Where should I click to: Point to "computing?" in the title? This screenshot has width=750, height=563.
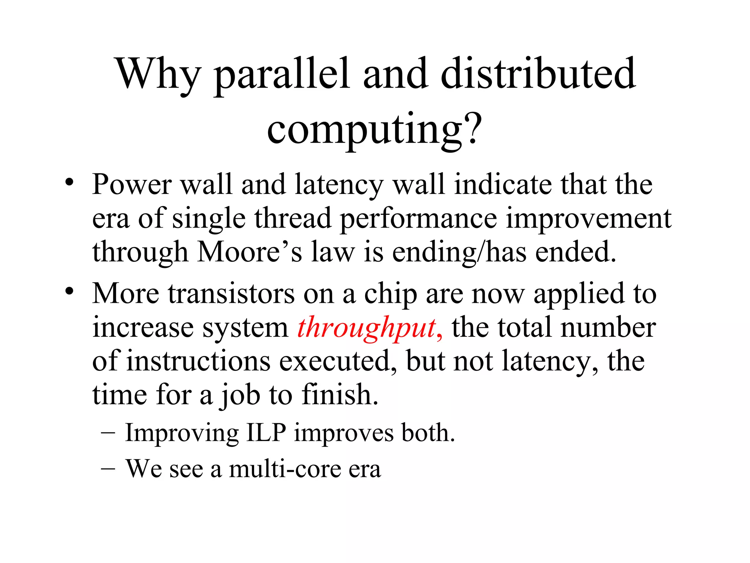(x=374, y=130)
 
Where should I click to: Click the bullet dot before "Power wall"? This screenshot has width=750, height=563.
(x=69, y=182)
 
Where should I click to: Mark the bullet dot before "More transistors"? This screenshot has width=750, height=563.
(x=69, y=291)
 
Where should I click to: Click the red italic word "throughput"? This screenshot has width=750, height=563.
(x=366, y=327)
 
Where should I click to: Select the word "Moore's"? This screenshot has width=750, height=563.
(x=250, y=252)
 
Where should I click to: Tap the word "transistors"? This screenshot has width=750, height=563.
(x=231, y=294)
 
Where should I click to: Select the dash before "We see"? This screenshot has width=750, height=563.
(x=108, y=469)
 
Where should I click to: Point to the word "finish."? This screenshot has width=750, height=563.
(x=340, y=395)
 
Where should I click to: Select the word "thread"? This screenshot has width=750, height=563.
(x=293, y=218)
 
